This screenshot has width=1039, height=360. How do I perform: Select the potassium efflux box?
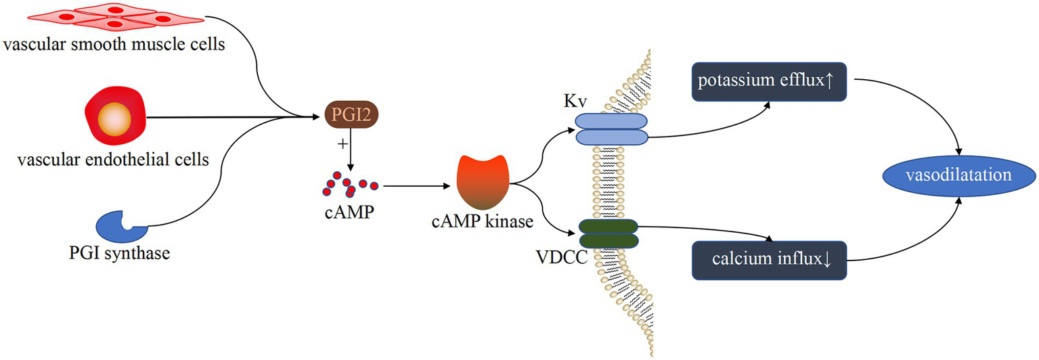coord(769,83)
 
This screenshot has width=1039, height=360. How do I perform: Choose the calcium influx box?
coord(769,260)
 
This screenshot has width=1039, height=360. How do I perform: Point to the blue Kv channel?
coord(611,129)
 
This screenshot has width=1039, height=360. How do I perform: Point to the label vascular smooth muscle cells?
coord(113,46)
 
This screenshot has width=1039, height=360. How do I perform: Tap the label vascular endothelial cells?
coord(113,160)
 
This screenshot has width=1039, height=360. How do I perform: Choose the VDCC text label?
coord(560,257)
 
